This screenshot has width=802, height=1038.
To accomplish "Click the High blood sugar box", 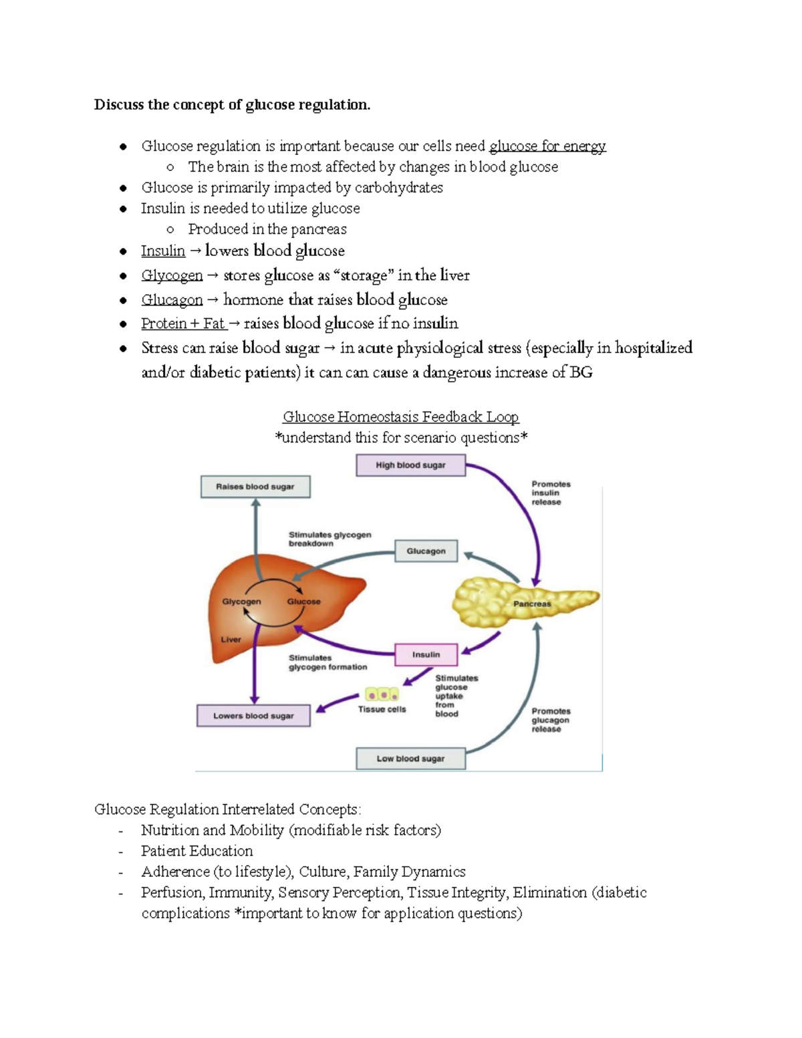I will click(410, 465).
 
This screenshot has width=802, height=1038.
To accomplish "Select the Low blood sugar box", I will click(410, 759).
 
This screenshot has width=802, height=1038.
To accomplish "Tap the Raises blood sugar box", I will click(255, 487).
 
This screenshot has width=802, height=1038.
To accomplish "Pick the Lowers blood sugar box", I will click(253, 716).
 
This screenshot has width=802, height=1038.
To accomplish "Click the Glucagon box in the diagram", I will click(426, 551).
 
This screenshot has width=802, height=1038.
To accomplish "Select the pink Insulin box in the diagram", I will click(426, 654).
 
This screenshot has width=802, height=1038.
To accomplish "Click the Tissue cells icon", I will click(382, 695).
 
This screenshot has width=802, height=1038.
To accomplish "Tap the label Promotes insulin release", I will click(551, 493).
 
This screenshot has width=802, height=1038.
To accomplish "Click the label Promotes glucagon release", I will click(551, 720).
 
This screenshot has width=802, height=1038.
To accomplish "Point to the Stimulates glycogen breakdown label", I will click(329, 539).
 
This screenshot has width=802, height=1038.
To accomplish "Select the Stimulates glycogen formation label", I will click(327, 662).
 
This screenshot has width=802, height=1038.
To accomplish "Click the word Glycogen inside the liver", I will click(241, 602).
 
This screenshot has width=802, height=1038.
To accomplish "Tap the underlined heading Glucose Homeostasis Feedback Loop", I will click(400, 417).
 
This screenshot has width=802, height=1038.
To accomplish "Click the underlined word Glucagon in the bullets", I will click(172, 300).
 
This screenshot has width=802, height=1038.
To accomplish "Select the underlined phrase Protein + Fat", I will click(183, 323).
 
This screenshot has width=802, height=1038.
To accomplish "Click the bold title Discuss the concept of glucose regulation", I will click(232, 105).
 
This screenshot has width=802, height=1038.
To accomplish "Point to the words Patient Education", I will click(196, 851).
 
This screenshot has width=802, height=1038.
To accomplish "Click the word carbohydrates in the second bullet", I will click(398, 188).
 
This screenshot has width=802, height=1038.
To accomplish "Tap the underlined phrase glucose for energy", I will click(547, 146).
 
